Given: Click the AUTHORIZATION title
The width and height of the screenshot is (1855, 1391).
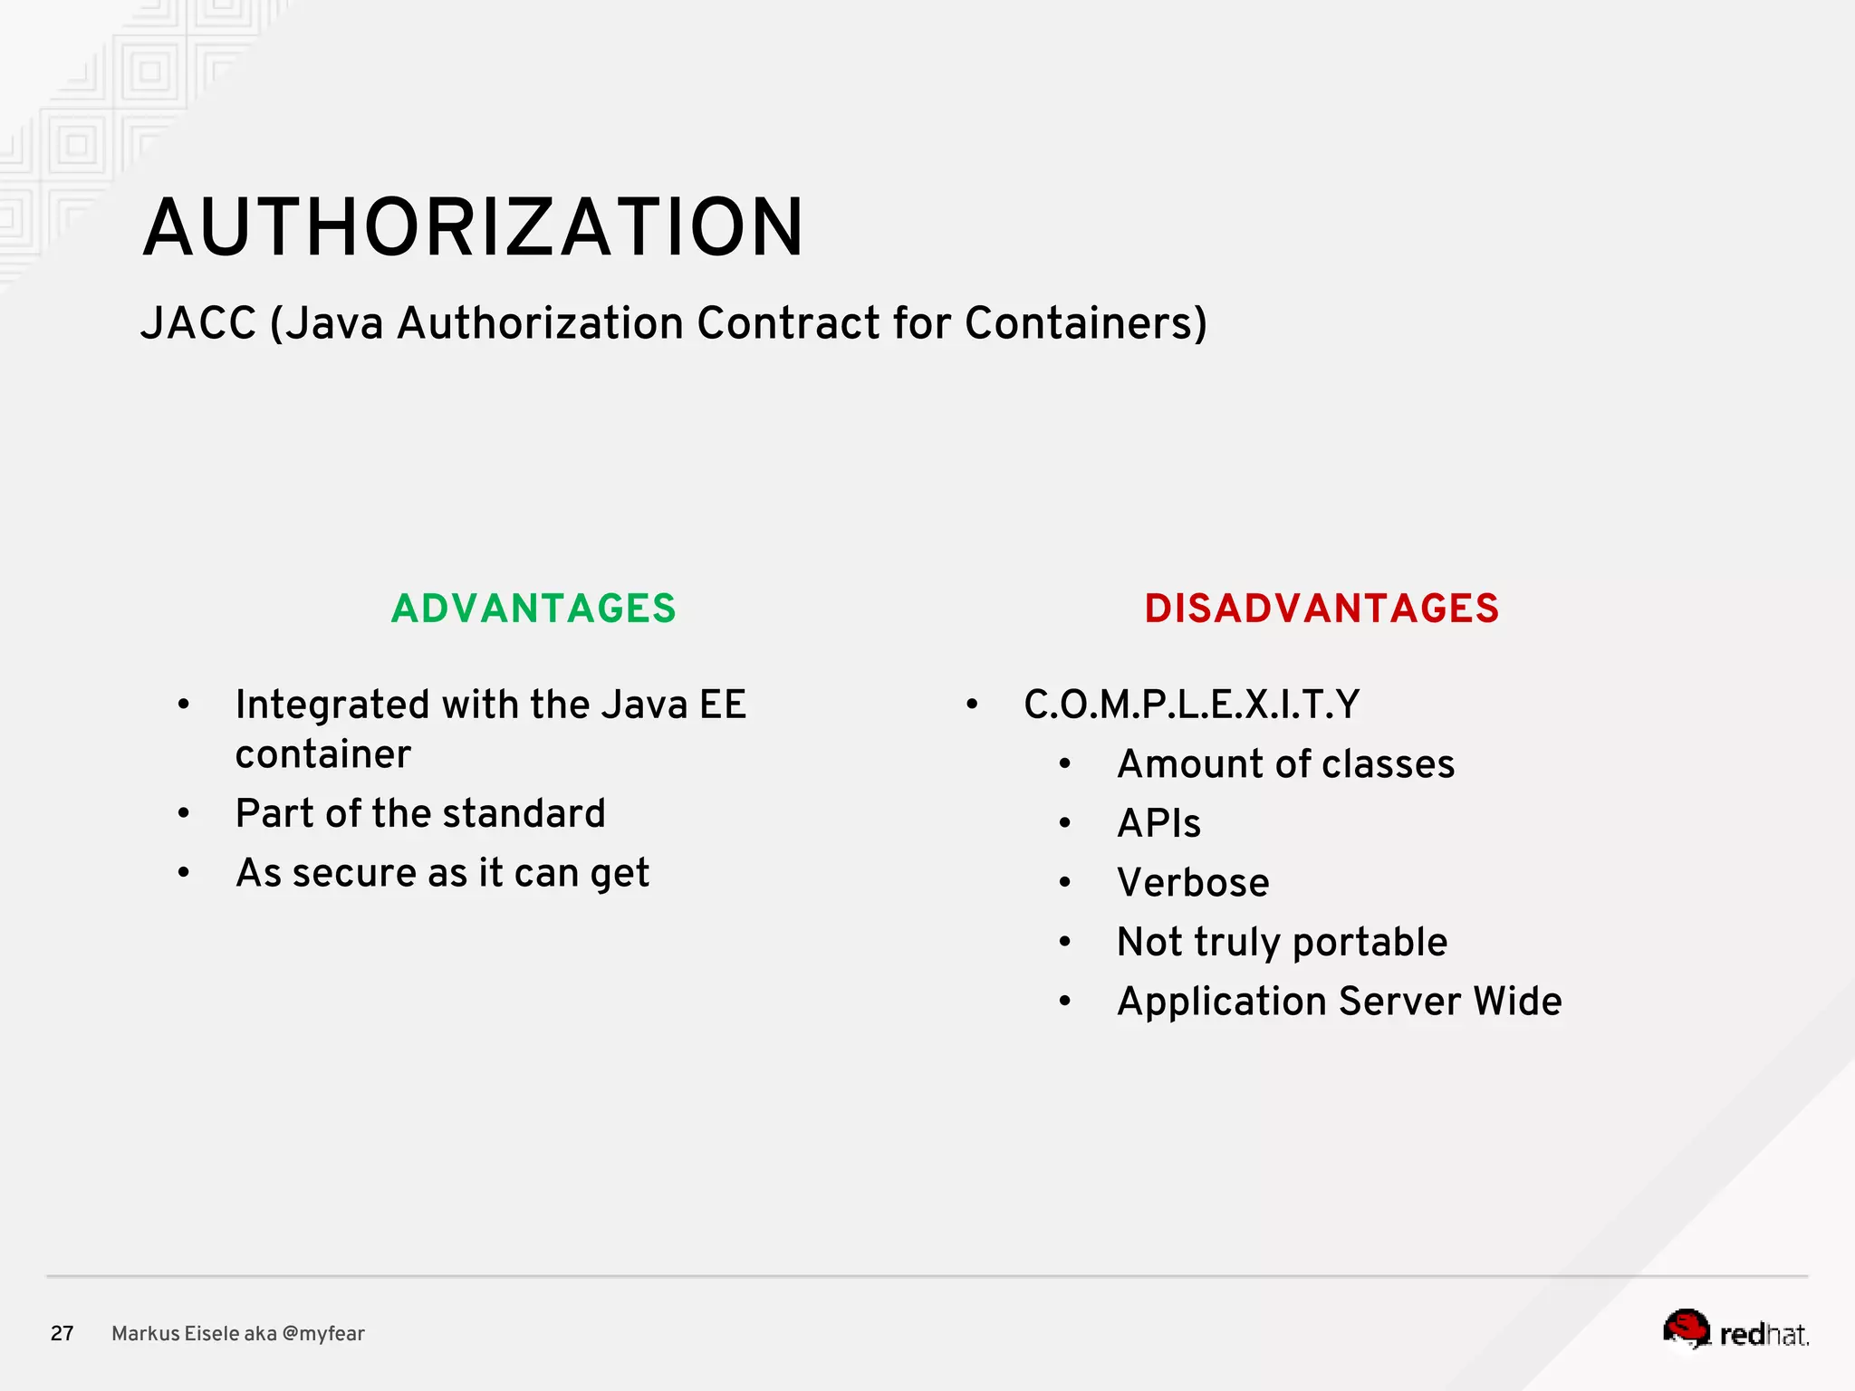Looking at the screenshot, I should (473, 227).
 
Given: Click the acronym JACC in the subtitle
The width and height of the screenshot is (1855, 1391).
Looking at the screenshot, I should (198, 323).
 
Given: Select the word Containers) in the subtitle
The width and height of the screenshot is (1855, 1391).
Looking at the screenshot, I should (1086, 323).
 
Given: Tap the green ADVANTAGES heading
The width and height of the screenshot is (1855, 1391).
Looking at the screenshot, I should (533, 609).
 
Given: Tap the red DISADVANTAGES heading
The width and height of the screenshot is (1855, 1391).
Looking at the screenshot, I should (1322, 609).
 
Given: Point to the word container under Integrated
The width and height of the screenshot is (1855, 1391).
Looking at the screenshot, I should (323, 754).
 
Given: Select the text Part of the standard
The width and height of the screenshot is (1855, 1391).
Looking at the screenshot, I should (420, 813).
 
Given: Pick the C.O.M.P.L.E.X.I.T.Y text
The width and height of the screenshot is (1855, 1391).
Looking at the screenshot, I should (1191, 705).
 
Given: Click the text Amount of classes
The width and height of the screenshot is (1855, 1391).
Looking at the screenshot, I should (1285, 764).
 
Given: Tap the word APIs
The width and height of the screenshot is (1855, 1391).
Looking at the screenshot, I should (1158, 824).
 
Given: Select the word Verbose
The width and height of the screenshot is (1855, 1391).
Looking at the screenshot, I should (1193, 883).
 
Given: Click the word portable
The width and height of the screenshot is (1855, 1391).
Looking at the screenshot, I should (1370, 943).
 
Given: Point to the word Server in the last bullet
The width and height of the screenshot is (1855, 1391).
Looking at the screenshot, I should (1399, 1002).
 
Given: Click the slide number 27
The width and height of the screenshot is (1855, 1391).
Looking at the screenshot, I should (62, 1333).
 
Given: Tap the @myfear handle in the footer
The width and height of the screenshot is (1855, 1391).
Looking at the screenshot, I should (323, 1334).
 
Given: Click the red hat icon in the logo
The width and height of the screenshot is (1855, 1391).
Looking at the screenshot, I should (1686, 1329).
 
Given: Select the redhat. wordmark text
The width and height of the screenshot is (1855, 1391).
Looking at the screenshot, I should (1764, 1335).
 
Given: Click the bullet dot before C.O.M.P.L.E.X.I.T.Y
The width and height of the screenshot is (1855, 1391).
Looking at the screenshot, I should (972, 705).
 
